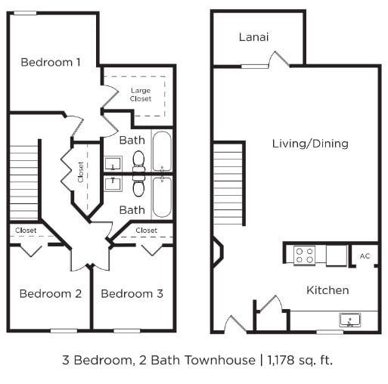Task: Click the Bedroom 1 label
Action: click(x=51, y=62)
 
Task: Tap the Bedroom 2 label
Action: click(x=50, y=293)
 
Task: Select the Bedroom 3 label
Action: click(x=132, y=293)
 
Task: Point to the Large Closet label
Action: click(x=141, y=94)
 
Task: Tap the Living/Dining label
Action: click(x=310, y=144)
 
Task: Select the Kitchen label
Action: click(x=327, y=290)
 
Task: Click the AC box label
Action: click(x=365, y=256)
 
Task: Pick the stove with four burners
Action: click(x=304, y=255)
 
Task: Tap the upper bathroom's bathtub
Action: click(x=163, y=151)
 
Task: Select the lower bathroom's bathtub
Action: click(x=163, y=197)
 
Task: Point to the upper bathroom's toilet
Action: click(x=138, y=160)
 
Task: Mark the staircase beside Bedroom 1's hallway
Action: click(x=24, y=181)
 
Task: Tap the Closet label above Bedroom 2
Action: click(x=26, y=230)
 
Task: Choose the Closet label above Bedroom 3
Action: click(x=146, y=230)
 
